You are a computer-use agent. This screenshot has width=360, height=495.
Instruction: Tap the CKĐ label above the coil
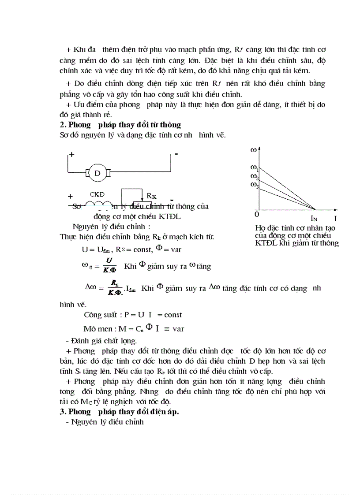point(97,194)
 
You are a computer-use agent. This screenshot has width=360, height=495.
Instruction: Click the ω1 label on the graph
point(254,168)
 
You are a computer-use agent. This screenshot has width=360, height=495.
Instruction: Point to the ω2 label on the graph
point(254,177)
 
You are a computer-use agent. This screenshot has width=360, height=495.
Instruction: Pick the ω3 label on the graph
point(254,187)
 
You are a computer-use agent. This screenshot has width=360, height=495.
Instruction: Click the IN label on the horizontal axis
point(314,218)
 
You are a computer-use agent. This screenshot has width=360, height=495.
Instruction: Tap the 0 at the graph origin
point(257,214)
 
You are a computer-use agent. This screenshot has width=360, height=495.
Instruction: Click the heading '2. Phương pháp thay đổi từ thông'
point(120,125)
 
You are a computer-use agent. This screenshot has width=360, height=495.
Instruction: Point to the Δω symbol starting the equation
point(90,287)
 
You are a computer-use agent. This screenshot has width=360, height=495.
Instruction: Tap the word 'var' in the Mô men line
point(178,329)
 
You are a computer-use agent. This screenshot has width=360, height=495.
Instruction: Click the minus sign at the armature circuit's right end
point(176,155)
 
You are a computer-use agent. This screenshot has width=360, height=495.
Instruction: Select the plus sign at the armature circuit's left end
point(71,155)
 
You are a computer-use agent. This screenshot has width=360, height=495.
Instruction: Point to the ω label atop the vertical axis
point(254,150)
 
